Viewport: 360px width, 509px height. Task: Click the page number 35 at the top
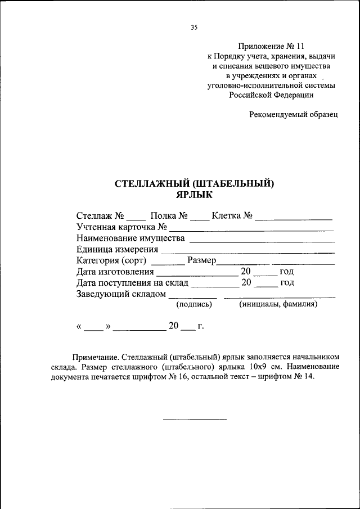[x=194, y=27]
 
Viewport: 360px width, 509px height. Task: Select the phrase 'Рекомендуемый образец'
[x=293, y=114]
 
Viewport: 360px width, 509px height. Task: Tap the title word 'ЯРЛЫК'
[x=194, y=194]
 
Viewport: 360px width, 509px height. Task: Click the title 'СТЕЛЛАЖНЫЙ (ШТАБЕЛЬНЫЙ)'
[x=194, y=183]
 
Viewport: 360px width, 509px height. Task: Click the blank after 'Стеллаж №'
[x=136, y=218]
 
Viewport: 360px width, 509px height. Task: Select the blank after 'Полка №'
[x=199, y=218]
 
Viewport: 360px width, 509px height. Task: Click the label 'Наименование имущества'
[x=131, y=238]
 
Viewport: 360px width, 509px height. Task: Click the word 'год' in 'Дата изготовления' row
[x=287, y=272]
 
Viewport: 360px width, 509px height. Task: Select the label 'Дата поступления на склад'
[x=133, y=282]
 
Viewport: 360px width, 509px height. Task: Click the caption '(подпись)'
[x=193, y=304]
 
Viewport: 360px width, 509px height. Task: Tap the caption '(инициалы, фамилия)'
[x=278, y=304]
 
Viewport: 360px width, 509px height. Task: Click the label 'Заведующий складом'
[x=121, y=294]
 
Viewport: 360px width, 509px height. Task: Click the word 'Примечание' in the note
[x=94, y=357]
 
